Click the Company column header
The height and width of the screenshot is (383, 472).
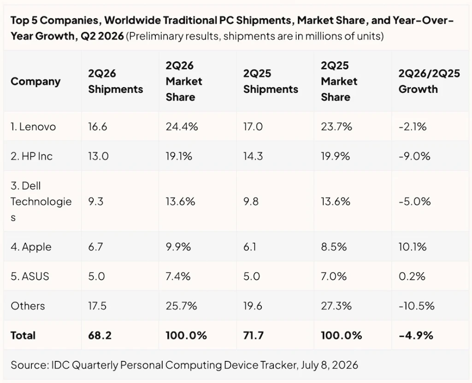pos(35,81)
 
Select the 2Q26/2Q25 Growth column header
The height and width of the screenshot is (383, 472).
pos(429,81)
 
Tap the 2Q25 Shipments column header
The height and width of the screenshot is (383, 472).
pos(271,81)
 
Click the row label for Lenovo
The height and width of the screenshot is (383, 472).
pos(33,126)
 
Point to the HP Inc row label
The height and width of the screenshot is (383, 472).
pos(32,156)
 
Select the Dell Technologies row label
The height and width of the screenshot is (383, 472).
pos(41,201)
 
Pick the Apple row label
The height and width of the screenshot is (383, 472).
pos(31,247)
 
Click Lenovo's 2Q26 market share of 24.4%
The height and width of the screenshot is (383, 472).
pos(182,126)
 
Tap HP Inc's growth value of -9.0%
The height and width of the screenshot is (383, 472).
pos(414,156)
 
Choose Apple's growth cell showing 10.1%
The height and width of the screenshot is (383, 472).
pos(413,247)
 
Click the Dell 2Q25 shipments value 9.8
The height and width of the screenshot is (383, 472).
pos(251,201)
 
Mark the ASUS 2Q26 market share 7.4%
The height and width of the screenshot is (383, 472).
pos(178,276)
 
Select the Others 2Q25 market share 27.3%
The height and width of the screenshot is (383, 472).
pos(336,306)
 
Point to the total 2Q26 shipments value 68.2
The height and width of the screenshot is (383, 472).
pos(100,335)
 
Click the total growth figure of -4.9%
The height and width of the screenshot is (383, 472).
pos(416,335)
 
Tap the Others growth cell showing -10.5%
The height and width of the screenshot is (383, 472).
pos(416,306)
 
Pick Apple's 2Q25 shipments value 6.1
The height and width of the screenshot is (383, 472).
pos(249,247)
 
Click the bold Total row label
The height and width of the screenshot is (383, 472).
pos(23,335)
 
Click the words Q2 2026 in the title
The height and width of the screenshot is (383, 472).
pos(102,36)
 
